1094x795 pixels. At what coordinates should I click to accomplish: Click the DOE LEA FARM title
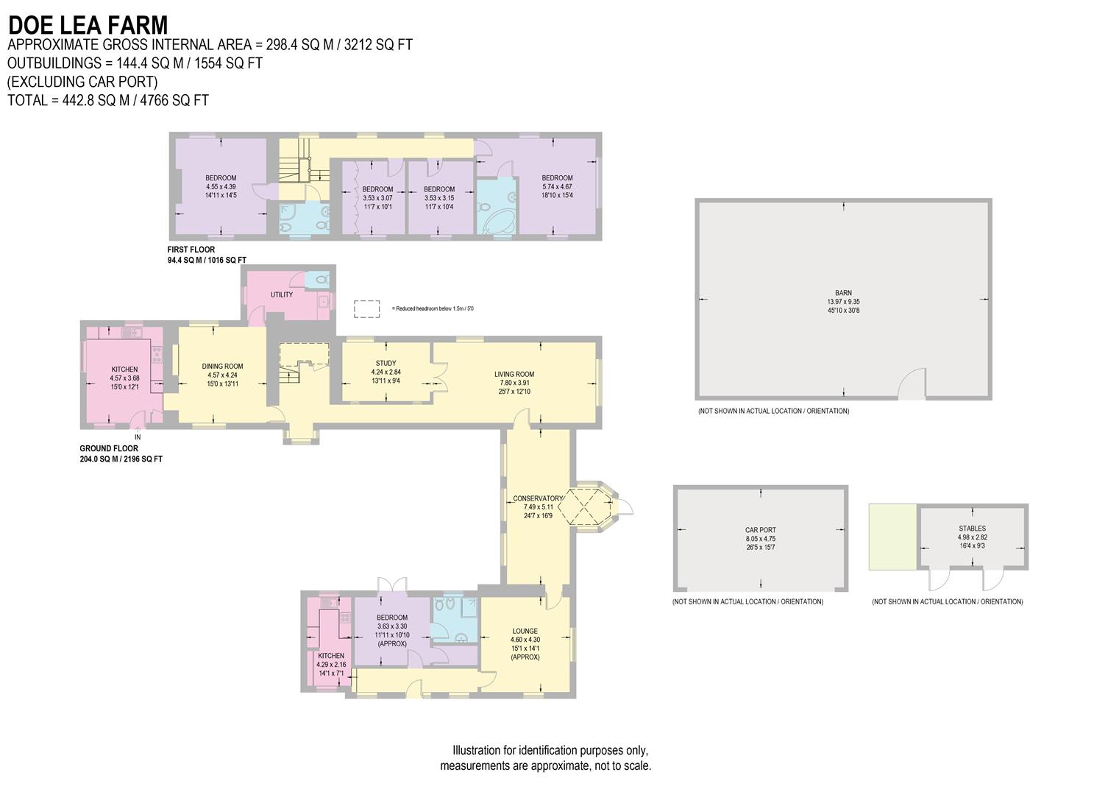[x=88, y=25]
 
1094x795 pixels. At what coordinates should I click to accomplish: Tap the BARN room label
[x=842, y=293]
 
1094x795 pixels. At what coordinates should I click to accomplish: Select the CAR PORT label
[x=760, y=530]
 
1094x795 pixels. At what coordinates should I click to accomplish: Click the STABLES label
[x=972, y=529]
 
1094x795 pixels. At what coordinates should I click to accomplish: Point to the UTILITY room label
[x=282, y=294]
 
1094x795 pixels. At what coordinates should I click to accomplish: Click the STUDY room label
[x=386, y=364]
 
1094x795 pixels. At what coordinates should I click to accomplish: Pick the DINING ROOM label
[x=222, y=367]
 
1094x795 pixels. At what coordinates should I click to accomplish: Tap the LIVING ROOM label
[x=514, y=375]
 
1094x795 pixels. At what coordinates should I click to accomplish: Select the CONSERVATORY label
[x=538, y=498]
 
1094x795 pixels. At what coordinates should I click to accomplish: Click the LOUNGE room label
[x=525, y=631]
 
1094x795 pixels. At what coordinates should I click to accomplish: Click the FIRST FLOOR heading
[x=191, y=250]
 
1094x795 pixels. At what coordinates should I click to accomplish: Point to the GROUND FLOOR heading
[x=109, y=448]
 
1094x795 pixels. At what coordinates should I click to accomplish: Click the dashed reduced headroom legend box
[x=367, y=308]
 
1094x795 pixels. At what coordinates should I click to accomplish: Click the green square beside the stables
[x=892, y=537]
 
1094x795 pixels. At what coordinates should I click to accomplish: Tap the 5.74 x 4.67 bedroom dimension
[x=557, y=187]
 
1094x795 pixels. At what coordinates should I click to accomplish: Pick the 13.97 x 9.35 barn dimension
[x=842, y=302]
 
